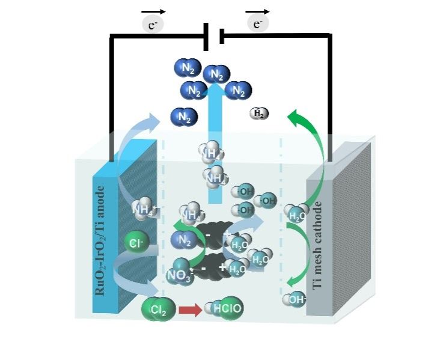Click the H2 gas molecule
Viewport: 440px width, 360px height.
260,113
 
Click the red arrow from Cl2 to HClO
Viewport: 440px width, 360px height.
191,310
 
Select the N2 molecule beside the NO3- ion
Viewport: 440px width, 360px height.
185,242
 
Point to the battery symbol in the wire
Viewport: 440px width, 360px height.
214,36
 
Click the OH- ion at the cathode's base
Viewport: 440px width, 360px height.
295,299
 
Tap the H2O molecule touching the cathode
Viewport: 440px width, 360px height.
296,212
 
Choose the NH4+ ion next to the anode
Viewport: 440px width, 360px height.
144,208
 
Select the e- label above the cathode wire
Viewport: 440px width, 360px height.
258,23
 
